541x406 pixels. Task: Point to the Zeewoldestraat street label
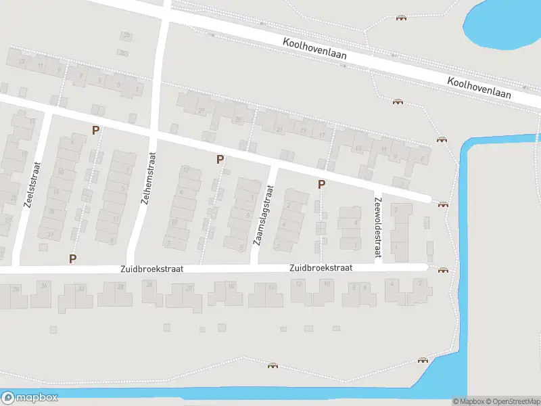(377, 227)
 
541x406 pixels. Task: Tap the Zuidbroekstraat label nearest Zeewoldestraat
(321, 268)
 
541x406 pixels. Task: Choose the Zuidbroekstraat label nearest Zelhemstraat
(151, 269)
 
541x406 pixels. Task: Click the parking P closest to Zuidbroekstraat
(72, 258)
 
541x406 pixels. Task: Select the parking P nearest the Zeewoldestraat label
(321, 184)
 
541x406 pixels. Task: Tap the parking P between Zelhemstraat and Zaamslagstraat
(220, 159)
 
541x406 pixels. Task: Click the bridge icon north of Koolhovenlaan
(402, 17)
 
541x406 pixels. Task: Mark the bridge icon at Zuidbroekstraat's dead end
(443, 270)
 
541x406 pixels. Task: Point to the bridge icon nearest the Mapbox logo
(273, 365)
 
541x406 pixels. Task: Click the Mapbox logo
(30, 398)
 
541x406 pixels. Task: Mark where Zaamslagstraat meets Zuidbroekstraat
(256, 268)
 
